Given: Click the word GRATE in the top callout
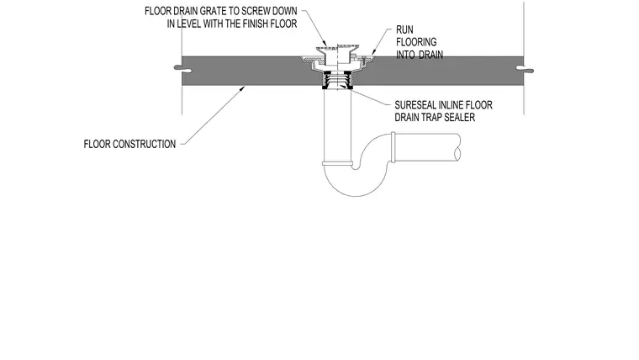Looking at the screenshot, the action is pyautogui.click(x=210, y=11).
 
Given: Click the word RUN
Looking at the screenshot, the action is pyautogui.click(x=404, y=29).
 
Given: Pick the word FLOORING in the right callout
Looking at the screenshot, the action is pyautogui.click(x=416, y=42).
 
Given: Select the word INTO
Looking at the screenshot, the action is pyautogui.click(x=406, y=55).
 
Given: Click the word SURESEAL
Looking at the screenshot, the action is pyautogui.click(x=412, y=105).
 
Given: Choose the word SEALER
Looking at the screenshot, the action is pyautogui.click(x=462, y=118).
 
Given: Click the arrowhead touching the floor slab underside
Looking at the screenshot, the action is pyautogui.click(x=242, y=87).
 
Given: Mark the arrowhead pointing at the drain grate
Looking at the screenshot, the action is pyautogui.click(x=325, y=44).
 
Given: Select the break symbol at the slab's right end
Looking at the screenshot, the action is pyautogui.click(x=524, y=69).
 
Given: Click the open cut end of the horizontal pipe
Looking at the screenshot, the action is pyautogui.click(x=458, y=147).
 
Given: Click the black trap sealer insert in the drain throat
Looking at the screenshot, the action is pyautogui.click(x=337, y=80).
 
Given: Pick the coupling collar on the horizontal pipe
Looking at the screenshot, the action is pyautogui.click(x=393, y=147).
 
